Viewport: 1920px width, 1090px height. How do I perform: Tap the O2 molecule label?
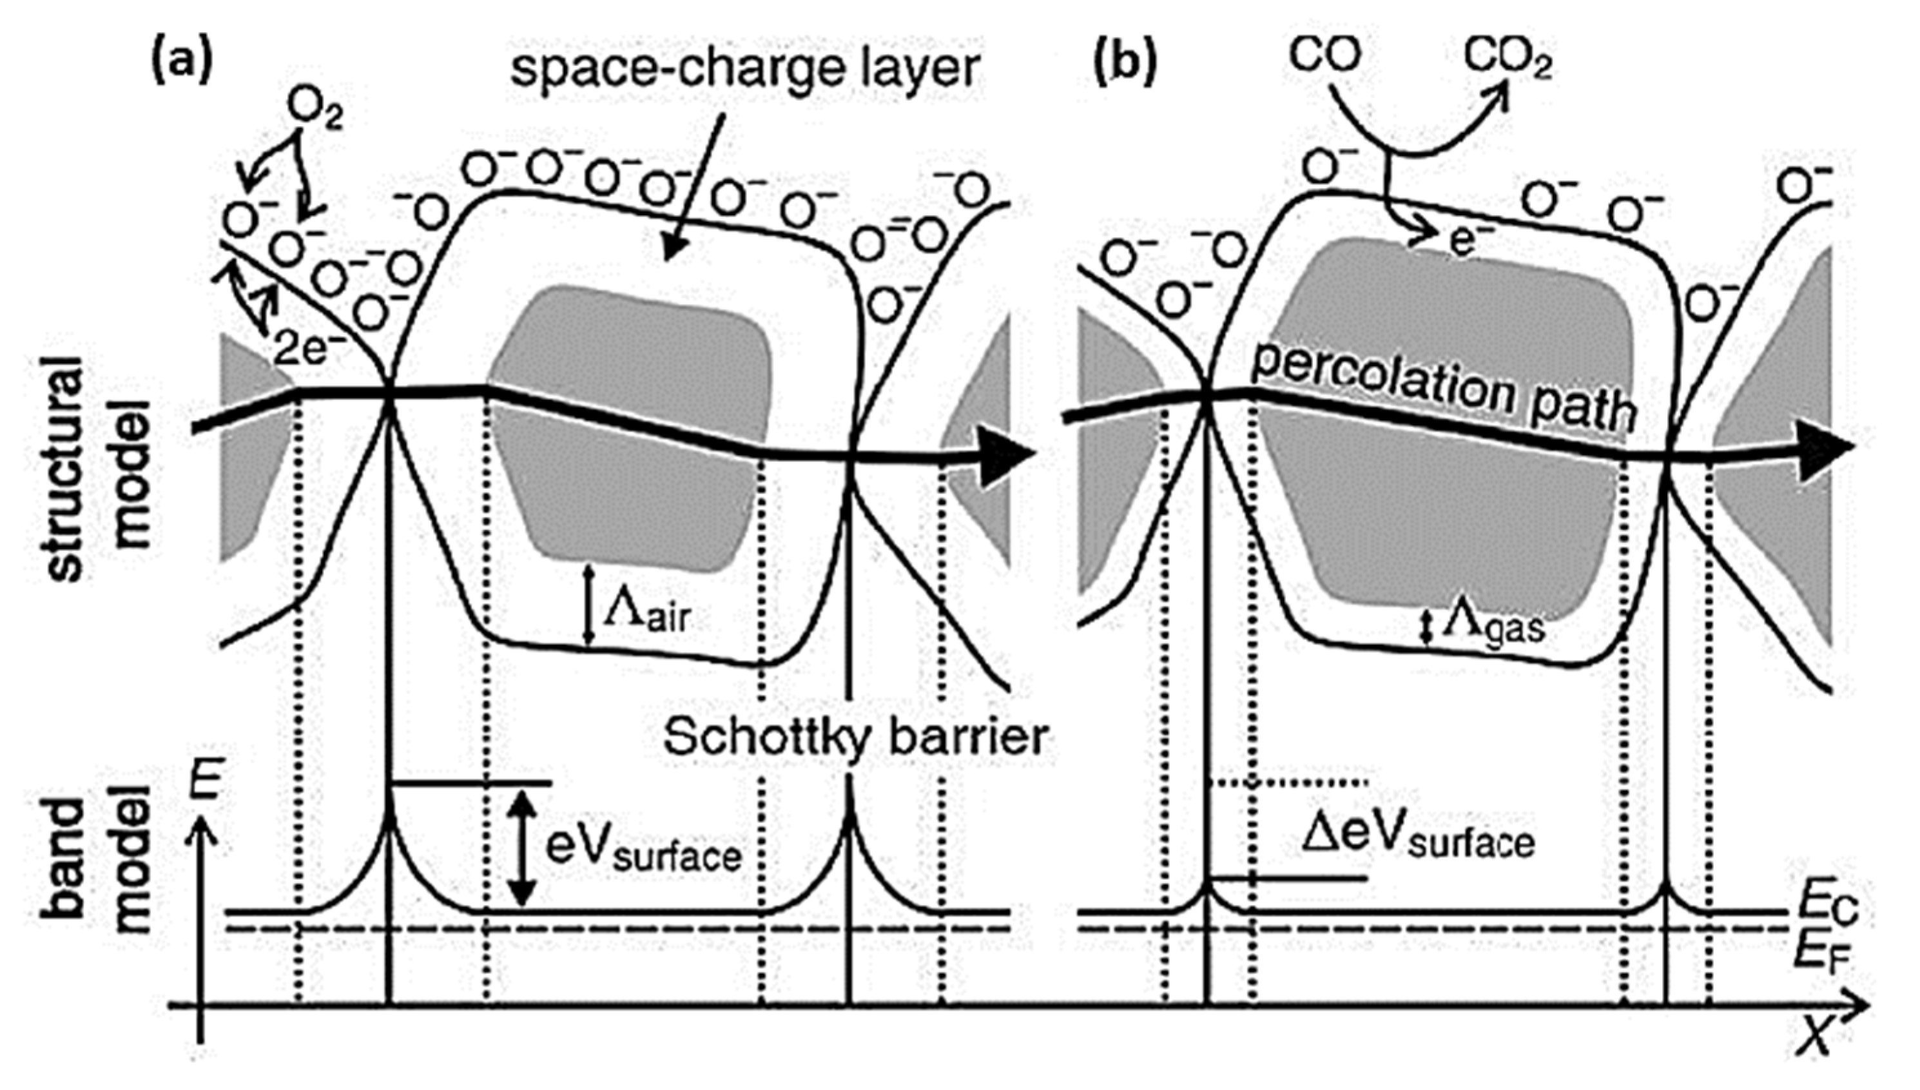click(315, 112)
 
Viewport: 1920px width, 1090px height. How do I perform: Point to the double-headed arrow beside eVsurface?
click(523, 848)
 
